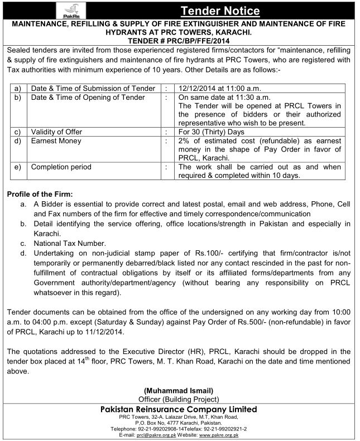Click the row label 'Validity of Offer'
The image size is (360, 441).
coord(56,132)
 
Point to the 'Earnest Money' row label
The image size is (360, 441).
coord(56,140)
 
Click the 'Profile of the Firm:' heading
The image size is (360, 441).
coord(41,193)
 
